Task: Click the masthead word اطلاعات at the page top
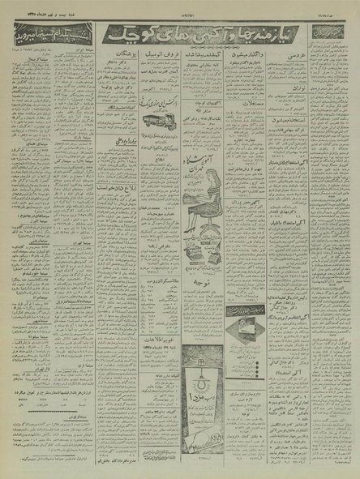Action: [180, 7]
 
